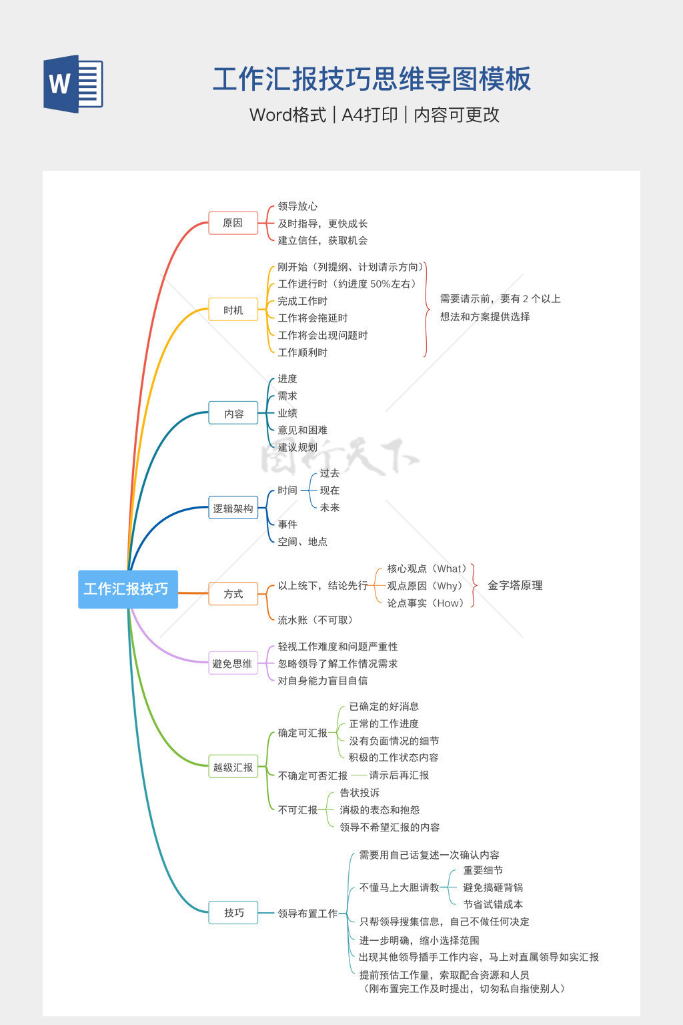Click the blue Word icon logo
73,83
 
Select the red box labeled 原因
233,223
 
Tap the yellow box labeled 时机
233,310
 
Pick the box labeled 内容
233,414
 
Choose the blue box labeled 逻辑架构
233,508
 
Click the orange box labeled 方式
233,594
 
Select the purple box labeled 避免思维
233,663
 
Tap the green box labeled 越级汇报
233,767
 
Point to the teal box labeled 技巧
233,913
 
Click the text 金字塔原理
515,585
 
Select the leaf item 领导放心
297,206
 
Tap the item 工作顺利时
303,352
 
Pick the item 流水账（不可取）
315,620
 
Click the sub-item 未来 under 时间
329,507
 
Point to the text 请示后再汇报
399,775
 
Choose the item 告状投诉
360,793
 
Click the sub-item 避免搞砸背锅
493,888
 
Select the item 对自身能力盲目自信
323,681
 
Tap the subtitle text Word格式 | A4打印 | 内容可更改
374,115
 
